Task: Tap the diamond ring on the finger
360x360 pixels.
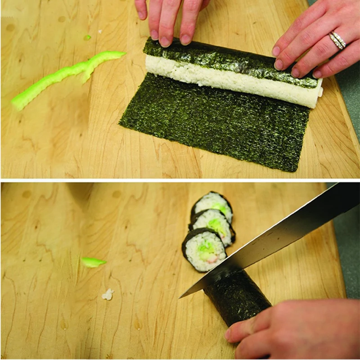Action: pyautogui.click(x=337, y=40)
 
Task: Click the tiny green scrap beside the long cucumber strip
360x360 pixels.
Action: pyautogui.click(x=87, y=38)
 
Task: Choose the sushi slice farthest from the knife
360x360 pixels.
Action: pyautogui.click(x=211, y=205)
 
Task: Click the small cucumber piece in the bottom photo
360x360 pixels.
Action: pyautogui.click(x=93, y=262)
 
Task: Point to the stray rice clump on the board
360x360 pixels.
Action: pyautogui.click(x=108, y=295)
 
